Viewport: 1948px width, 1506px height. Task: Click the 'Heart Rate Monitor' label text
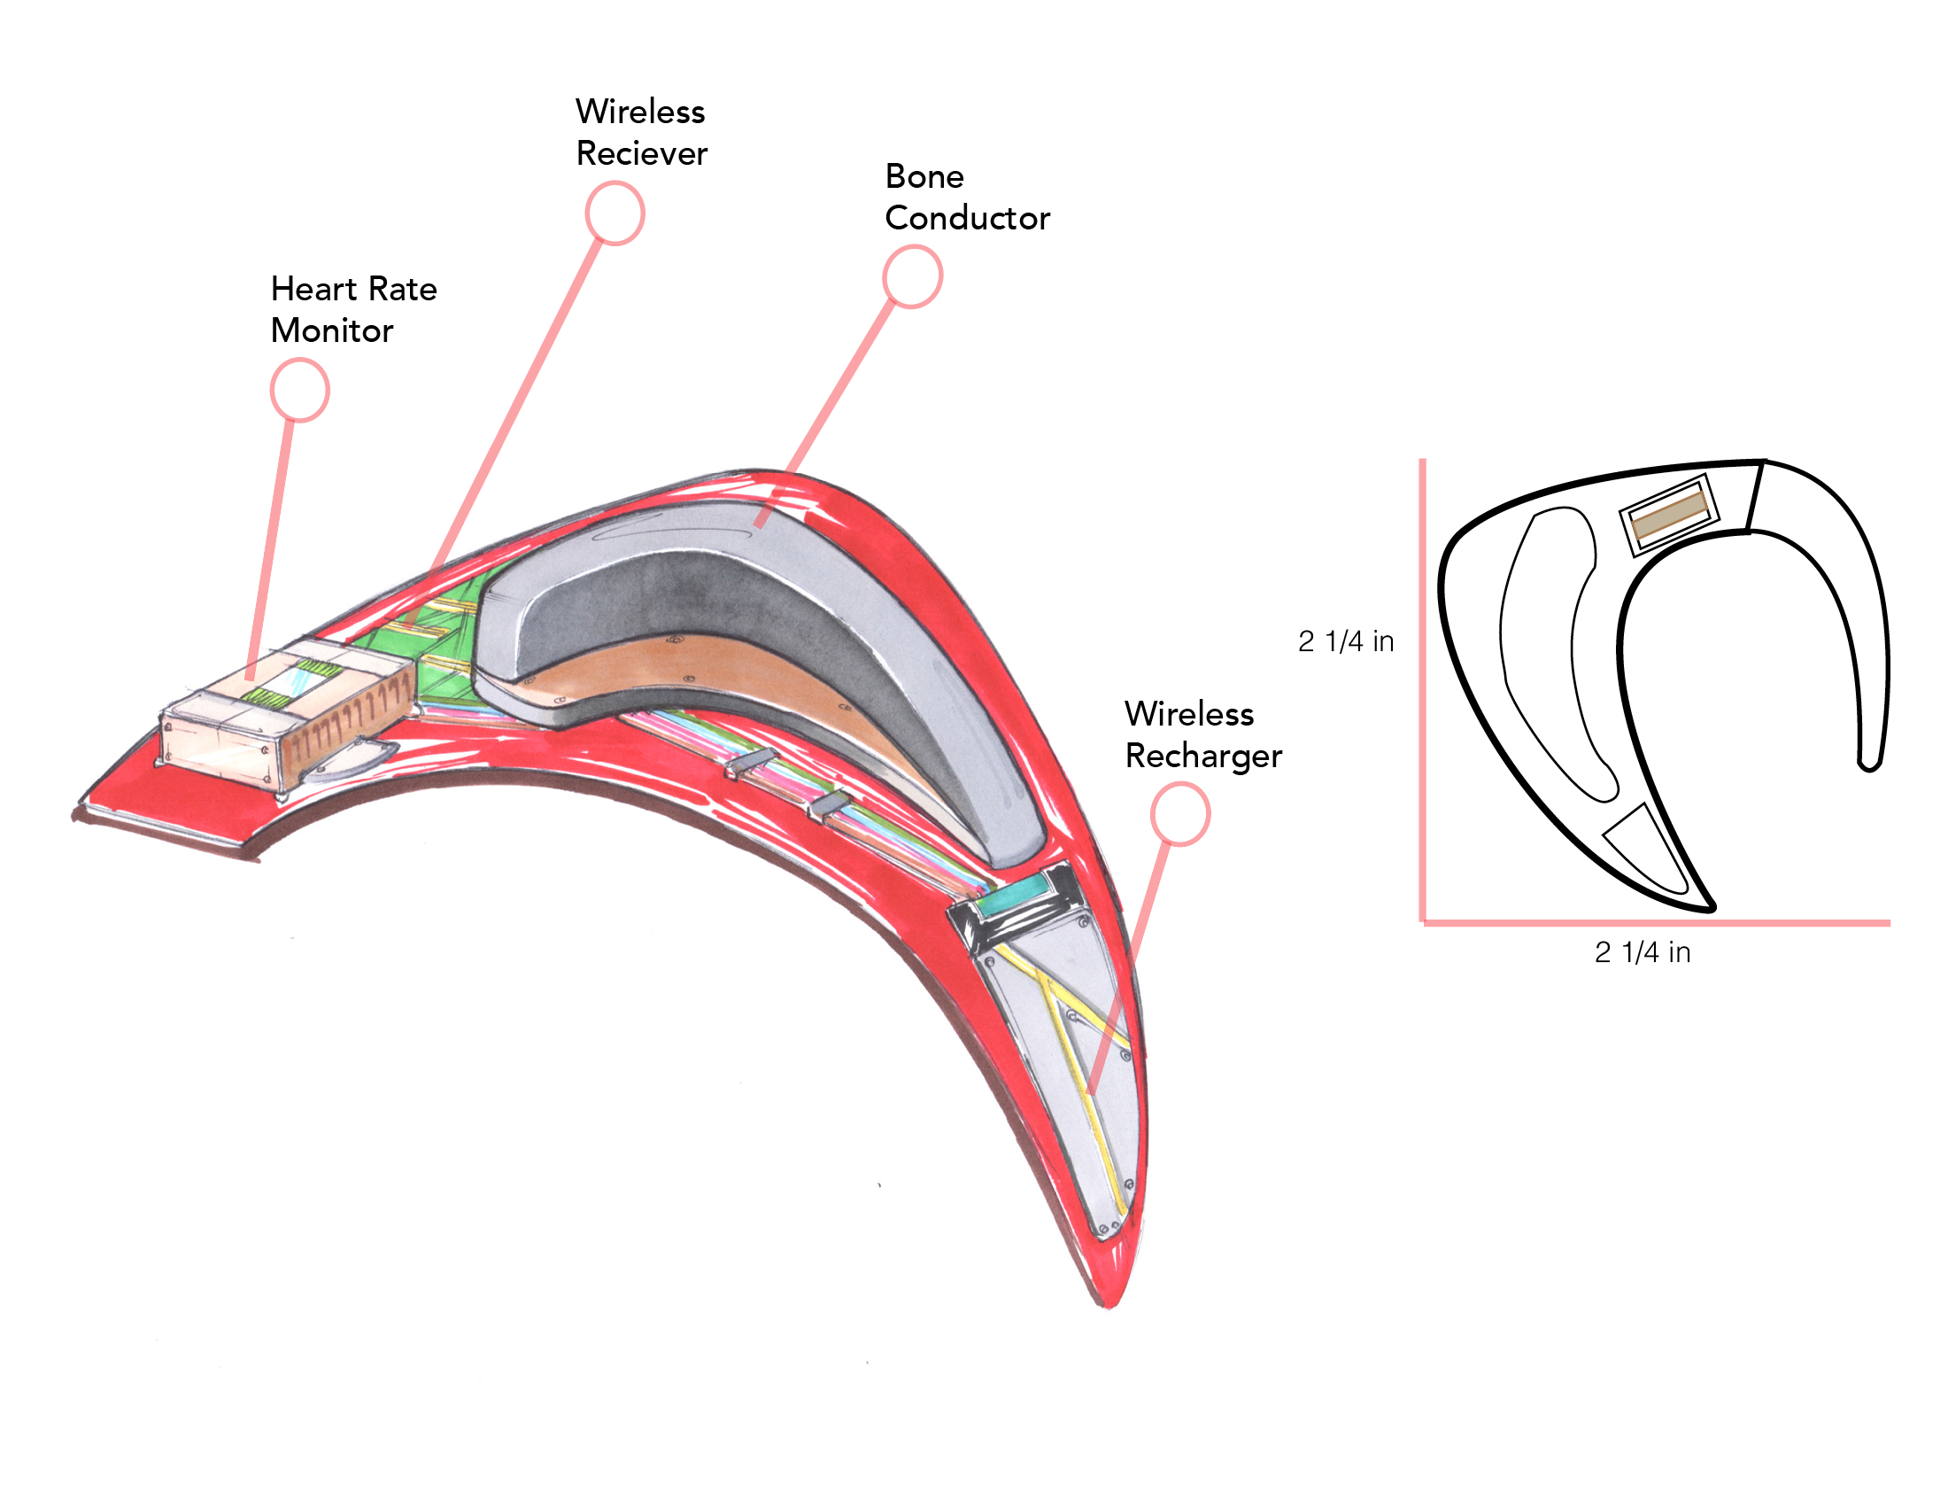pyautogui.click(x=353, y=309)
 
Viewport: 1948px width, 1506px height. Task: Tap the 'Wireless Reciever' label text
pyautogui.click(x=640, y=132)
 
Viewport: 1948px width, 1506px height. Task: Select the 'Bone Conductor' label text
pyautogui.click(x=967, y=198)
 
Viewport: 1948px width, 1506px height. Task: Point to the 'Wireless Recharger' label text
pyautogui.click(x=1202, y=734)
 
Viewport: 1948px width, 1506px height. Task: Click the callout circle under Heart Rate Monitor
pyautogui.click(x=299, y=390)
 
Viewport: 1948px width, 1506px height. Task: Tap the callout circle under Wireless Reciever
pyautogui.click(x=615, y=213)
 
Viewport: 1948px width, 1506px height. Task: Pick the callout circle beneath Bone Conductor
pyautogui.click(x=911, y=276)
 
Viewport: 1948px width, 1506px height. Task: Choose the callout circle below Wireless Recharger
pyautogui.click(x=1179, y=813)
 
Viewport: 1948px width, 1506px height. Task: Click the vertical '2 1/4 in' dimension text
pyautogui.click(x=1345, y=640)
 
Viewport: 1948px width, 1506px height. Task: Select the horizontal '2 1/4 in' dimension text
pyautogui.click(x=1642, y=952)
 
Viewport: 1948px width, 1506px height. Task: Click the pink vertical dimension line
pyautogui.click(x=1423, y=687)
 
